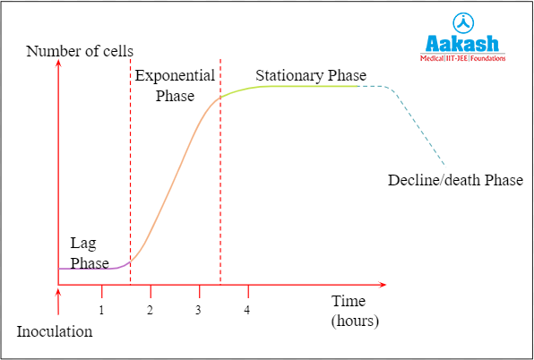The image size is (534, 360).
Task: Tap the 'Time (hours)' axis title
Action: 355,310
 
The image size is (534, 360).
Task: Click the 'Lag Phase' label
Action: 90,253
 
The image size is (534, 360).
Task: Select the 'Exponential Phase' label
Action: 175,86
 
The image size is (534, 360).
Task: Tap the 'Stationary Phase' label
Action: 311,75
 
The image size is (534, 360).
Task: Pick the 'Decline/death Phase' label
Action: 455,180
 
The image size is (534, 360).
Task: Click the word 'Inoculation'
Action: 54,331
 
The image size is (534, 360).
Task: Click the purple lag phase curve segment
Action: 90,268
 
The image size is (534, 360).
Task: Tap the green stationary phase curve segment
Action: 296,86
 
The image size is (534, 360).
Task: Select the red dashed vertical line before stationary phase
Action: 220,179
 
